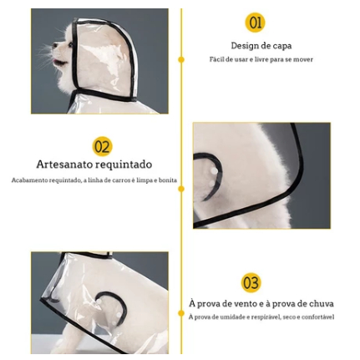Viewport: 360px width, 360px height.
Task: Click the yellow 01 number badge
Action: pyautogui.click(x=255, y=23)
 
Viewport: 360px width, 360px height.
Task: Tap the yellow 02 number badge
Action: pyautogui.click(x=102, y=146)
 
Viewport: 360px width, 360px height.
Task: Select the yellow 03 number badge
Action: pyautogui.click(x=251, y=282)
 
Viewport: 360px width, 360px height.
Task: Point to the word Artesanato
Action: pyautogui.click(x=64, y=164)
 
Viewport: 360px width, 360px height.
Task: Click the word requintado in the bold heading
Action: pyautogui.click(x=123, y=165)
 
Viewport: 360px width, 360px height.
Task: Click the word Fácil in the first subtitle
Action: pyautogui.click(x=216, y=59)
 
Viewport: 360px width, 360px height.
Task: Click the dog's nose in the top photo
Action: pyautogui.click(x=54, y=46)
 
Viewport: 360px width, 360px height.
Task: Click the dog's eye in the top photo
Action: pyautogui.click(x=71, y=44)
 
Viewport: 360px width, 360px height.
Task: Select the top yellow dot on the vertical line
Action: pyautogui.click(x=181, y=59)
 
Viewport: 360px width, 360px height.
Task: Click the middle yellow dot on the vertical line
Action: pyautogui.click(x=181, y=189)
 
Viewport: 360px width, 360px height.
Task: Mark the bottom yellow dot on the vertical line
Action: pyautogui.click(x=181, y=313)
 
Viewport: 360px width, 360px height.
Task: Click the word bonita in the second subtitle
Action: pyautogui.click(x=168, y=180)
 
